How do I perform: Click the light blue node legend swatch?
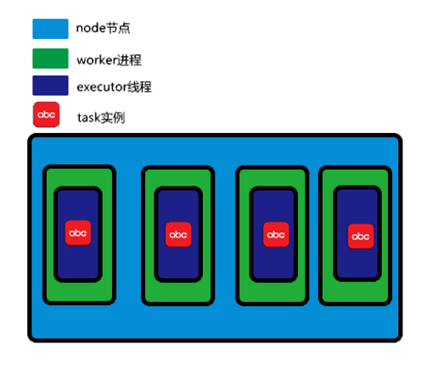point(49,29)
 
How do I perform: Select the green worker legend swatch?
point(49,58)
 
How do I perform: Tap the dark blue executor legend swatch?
point(49,86)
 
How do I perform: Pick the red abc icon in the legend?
point(46,114)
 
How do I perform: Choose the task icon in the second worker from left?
point(178,234)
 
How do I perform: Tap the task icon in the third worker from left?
point(275,233)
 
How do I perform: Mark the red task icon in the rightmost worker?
point(361,236)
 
